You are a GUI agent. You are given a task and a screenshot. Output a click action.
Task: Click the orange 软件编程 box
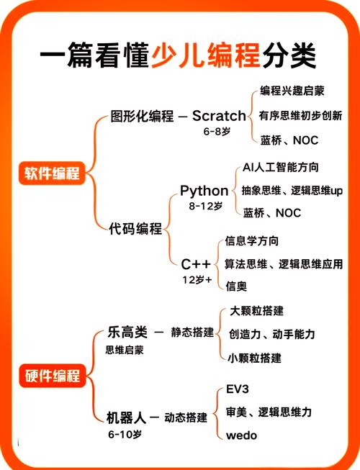click(x=52, y=173)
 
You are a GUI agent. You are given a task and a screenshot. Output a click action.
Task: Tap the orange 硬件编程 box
click(x=53, y=376)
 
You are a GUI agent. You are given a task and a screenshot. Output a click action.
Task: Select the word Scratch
click(x=219, y=116)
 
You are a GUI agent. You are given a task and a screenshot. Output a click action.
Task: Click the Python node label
click(x=204, y=191)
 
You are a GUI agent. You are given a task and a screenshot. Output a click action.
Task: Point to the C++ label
click(x=196, y=264)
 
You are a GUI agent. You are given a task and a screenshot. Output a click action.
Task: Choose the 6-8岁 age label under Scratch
click(x=217, y=131)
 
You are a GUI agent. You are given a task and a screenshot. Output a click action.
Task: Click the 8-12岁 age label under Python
click(x=206, y=206)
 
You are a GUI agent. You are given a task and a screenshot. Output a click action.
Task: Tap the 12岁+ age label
click(x=197, y=280)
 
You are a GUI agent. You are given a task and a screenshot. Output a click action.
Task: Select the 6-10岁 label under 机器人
click(x=125, y=434)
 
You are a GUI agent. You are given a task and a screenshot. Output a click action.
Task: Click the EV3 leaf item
click(x=238, y=389)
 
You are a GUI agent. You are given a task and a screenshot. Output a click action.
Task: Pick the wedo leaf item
click(x=242, y=435)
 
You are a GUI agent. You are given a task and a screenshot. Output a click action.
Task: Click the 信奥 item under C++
click(x=236, y=286)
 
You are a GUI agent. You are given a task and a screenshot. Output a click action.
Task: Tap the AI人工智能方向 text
click(x=281, y=167)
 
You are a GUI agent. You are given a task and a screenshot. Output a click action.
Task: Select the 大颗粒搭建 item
click(x=256, y=311)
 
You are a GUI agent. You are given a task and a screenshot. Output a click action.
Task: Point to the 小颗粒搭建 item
click(x=254, y=358)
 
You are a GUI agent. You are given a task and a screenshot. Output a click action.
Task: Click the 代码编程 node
click(x=135, y=229)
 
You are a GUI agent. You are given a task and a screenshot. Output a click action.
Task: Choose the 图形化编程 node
click(x=142, y=116)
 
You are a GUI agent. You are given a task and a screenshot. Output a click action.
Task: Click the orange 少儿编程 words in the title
click(x=206, y=55)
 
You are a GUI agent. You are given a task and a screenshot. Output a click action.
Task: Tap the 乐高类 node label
click(x=127, y=332)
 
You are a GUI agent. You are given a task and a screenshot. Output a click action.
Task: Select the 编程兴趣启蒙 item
click(x=292, y=91)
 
